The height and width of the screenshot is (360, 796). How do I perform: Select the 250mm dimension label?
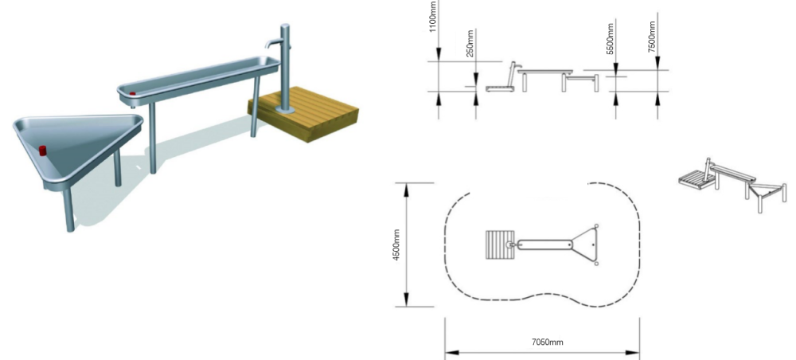tap(470, 44)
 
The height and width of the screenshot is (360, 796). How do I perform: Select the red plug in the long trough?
tap(133, 94)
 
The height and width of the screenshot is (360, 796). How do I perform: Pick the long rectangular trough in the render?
tap(199, 78)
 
